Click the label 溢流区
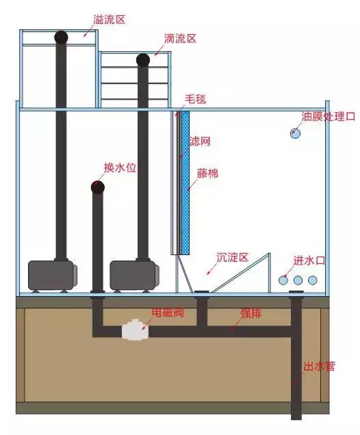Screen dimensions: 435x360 110,20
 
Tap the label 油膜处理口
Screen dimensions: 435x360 329,116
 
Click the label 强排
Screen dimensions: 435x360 250,313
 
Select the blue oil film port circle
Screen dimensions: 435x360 295,133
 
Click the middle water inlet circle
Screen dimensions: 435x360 298,280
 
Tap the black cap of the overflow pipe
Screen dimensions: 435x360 62,36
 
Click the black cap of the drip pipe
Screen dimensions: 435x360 143,60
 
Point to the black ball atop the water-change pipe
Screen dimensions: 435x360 98,187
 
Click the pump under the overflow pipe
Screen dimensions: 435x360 51,276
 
